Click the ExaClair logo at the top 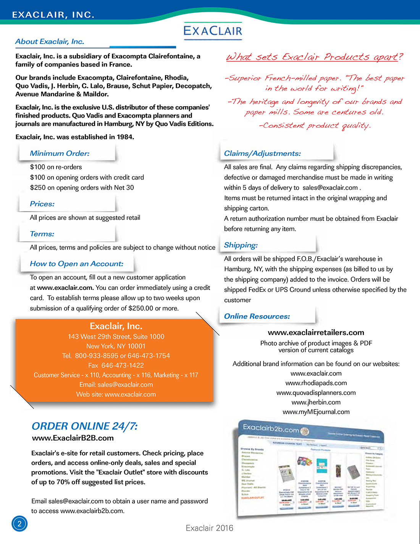click(x=213, y=31)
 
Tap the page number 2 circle click(x=19, y=524)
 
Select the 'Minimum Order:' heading click(x=60, y=154)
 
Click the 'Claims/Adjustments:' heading click(x=262, y=154)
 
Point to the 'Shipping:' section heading click(x=241, y=245)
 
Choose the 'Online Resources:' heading click(x=257, y=316)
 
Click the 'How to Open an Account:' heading click(x=76, y=264)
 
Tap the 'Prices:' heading click(x=42, y=204)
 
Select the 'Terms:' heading click(x=42, y=234)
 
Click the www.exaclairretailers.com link click(x=316, y=332)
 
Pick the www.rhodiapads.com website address click(x=316, y=383)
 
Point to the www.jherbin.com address click(x=316, y=402)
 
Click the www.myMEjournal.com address click(x=316, y=412)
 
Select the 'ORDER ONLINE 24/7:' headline click(x=84, y=426)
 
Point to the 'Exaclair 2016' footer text click(x=209, y=528)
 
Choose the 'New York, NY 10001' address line click(x=116, y=346)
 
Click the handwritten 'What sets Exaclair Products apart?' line click(x=314, y=57)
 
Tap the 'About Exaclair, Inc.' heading click(x=50, y=42)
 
